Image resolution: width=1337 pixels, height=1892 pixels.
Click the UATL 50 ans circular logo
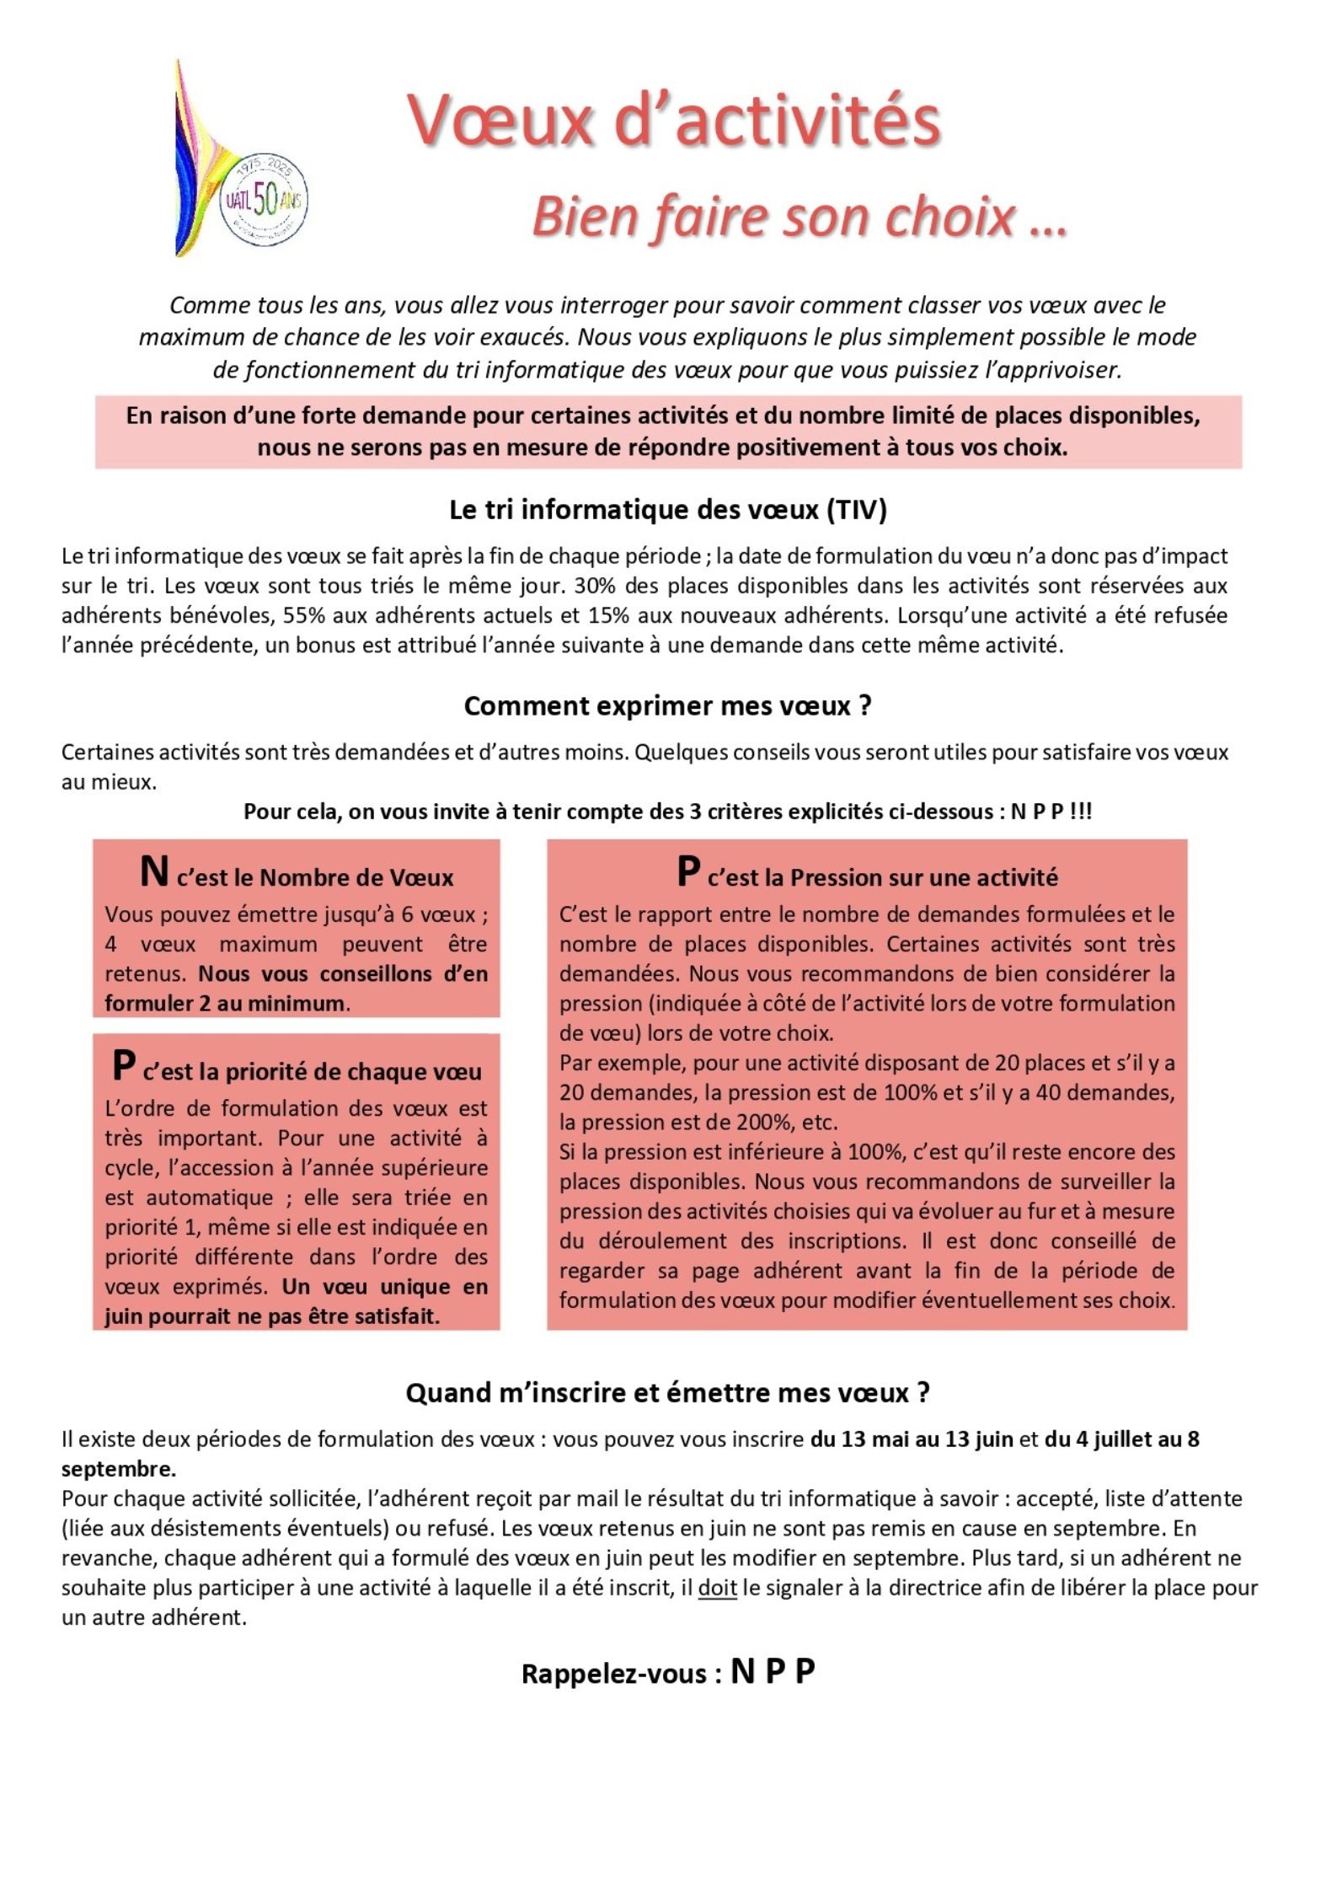tap(264, 201)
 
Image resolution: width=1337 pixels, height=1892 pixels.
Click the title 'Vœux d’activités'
tap(673, 121)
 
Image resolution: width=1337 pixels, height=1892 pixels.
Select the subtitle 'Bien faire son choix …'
tap(800, 217)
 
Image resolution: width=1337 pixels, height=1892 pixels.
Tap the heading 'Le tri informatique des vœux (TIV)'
tap(668, 510)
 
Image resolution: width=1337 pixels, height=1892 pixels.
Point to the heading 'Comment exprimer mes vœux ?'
tap(668, 705)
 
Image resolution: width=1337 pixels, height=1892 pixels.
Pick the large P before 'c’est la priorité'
tap(123, 1065)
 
